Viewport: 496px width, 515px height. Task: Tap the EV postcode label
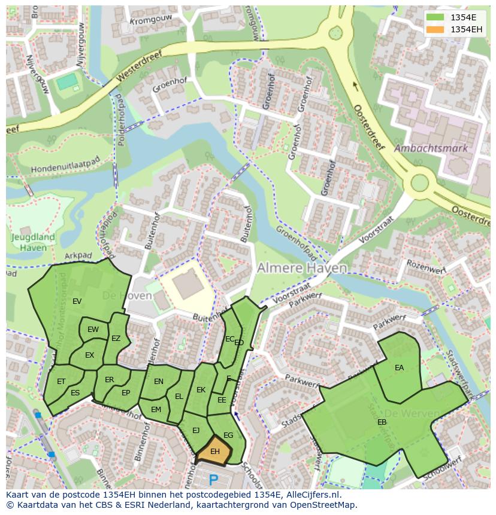pyautogui.click(x=77, y=301)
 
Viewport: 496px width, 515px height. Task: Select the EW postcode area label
pyautogui.click(x=93, y=330)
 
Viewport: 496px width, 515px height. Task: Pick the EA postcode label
pyautogui.click(x=399, y=368)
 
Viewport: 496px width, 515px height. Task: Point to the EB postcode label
pyautogui.click(x=382, y=422)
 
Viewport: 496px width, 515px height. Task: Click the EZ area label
pyautogui.click(x=116, y=339)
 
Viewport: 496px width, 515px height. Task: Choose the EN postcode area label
pyautogui.click(x=159, y=382)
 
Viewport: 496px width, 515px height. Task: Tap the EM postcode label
pyautogui.click(x=156, y=410)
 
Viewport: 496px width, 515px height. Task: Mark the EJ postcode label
pyautogui.click(x=196, y=430)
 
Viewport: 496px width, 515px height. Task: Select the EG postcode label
pyautogui.click(x=228, y=435)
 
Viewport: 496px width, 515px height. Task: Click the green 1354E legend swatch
pyautogui.click(x=435, y=17)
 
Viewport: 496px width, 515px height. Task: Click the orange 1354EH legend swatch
pyautogui.click(x=435, y=29)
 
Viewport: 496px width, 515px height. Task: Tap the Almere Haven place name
pyautogui.click(x=302, y=269)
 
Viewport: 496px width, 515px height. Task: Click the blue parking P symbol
pyautogui.click(x=213, y=480)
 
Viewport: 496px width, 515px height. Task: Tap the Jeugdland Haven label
pyautogui.click(x=33, y=242)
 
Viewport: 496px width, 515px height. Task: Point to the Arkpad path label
pyautogui.click(x=79, y=256)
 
